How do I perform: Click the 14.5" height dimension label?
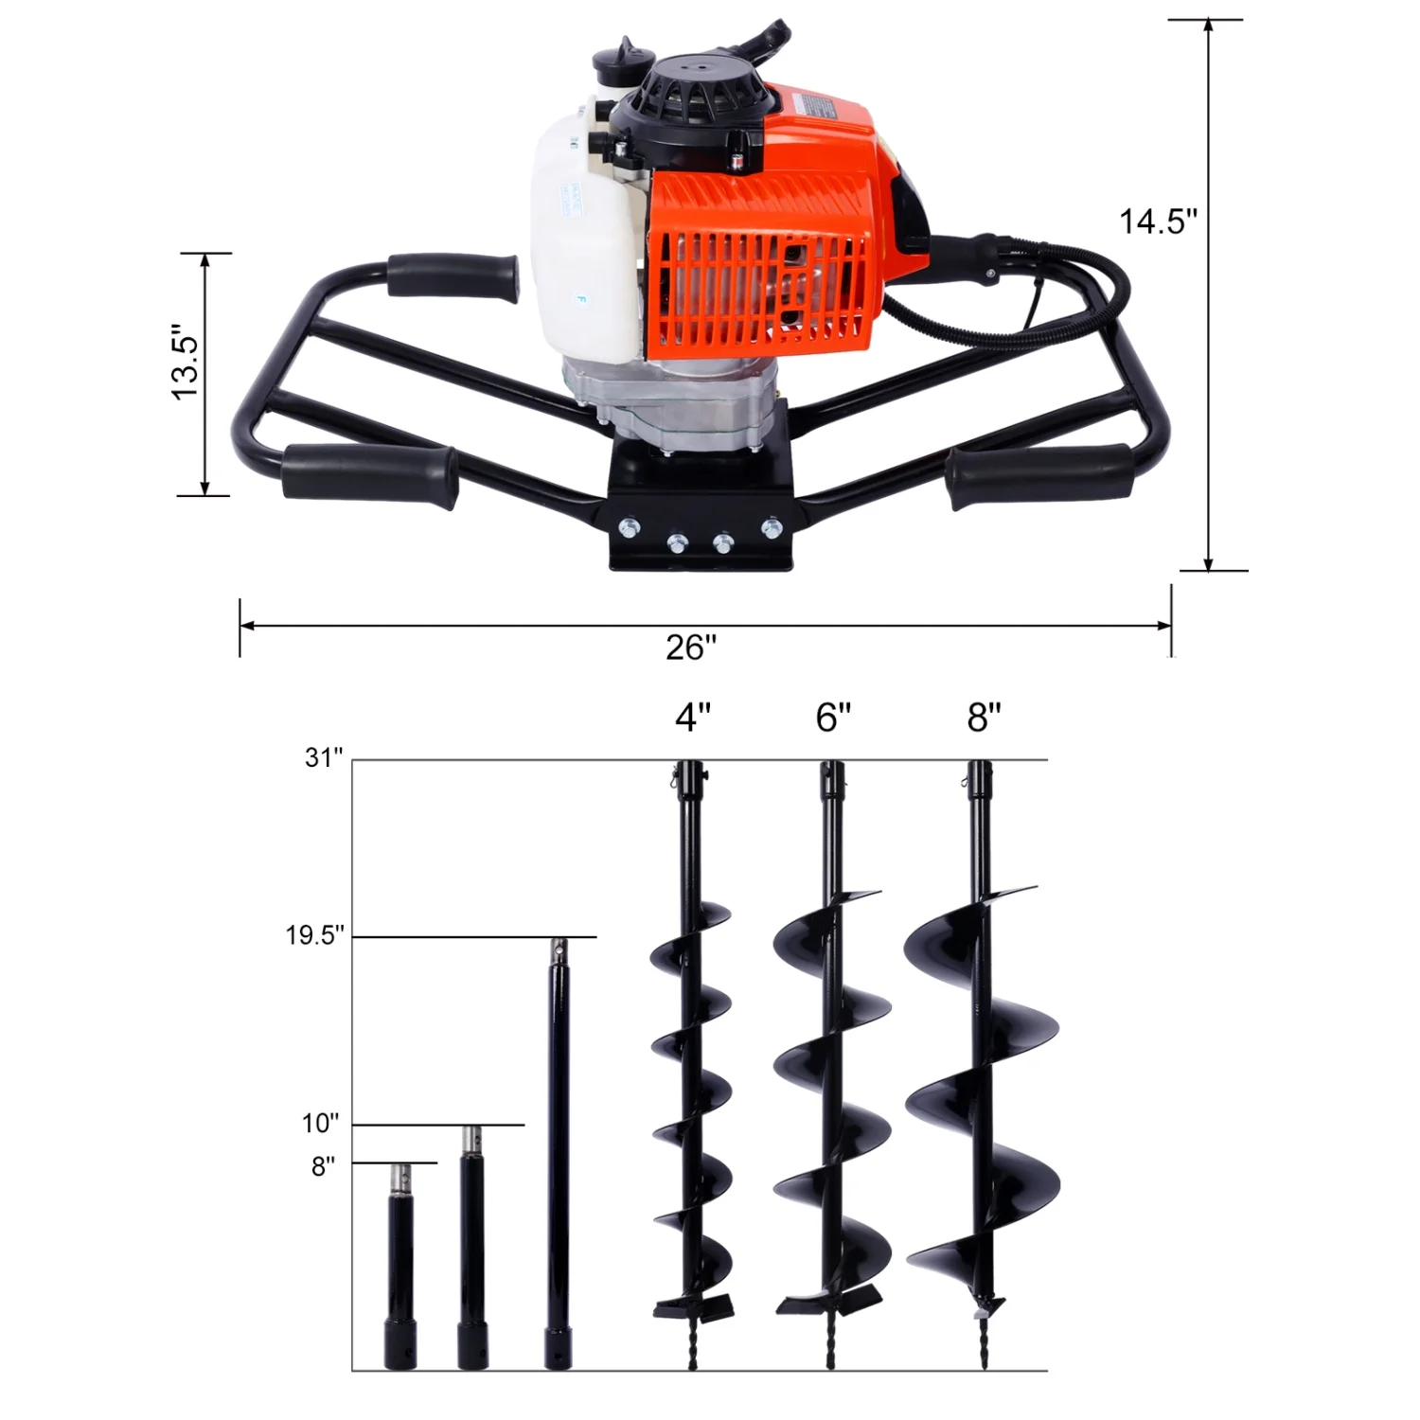click(1158, 222)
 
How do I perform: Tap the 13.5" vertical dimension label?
click(186, 364)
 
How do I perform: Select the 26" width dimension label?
click(691, 648)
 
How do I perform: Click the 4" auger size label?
click(693, 719)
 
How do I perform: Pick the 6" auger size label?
click(833, 719)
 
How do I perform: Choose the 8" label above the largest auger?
click(984, 719)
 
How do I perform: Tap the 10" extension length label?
click(320, 1124)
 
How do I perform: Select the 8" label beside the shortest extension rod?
click(324, 1166)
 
